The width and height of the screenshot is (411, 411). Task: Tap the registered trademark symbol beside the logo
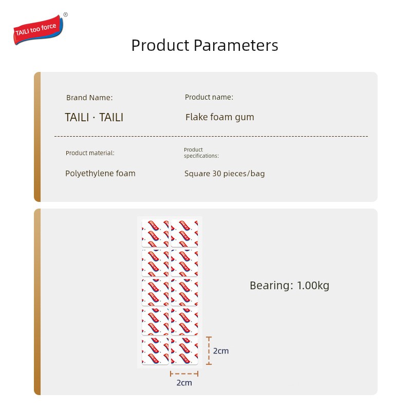(x=66, y=15)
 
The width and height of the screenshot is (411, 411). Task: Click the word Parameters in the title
(x=236, y=45)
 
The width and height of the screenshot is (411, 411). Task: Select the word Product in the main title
(x=160, y=45)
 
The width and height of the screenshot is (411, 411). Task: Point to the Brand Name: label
(x=89, y=98)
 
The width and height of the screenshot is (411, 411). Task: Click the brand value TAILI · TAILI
(x=94, y=117)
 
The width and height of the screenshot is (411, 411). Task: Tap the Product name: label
(x=209, y=97)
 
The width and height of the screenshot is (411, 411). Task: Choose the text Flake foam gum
(x=220, y=117)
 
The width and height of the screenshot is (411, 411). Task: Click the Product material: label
(x=90, y=153)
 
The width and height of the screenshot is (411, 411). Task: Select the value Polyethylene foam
(x=100, y=174)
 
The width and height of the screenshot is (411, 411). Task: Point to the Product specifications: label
(x=201, y=153)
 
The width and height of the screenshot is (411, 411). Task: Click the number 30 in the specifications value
(x=217, y=174)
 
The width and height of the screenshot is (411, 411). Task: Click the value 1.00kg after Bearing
(x=313, y=286)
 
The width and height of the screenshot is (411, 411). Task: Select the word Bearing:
(x=271, y=286)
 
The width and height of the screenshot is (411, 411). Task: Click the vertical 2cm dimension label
(x=221, y=351)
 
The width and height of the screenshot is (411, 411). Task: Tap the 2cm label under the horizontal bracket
(x=184, y=383)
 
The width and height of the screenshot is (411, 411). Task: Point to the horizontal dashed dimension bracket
(x=184, y=374)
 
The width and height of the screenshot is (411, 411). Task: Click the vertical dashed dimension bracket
(x=209, y=351)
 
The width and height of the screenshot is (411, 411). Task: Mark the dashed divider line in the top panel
(x=211, y=136)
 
